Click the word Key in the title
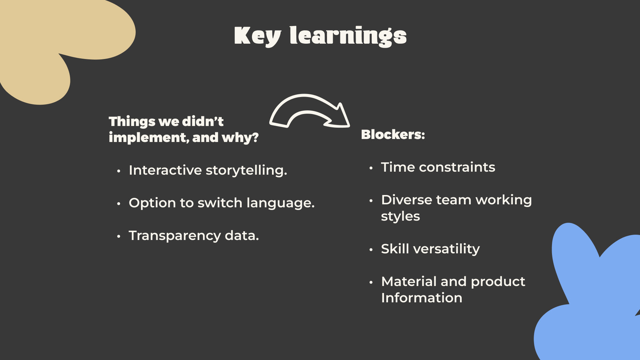pyautogui.click(x=258, y=36)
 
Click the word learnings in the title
pyautogui.click(x=348, y=36)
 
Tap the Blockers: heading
pyautogui.click(x=393, y=134)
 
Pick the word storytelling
pyautogui.click(x=246, y=170)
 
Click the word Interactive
pyautogui.click(x=165, y=170)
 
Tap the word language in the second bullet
pyautogui.click(x=281, y=203)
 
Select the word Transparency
pyautogui.click(x=175, y=236)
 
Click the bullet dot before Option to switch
pyautogui.click(x=119, y=203)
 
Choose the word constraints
pyautogui.click(x=457, y=167)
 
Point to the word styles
pyautogui.click(x=400, y=216)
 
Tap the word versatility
pyautogui.click(x=447, y=249)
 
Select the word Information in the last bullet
pyautogui.click(x=422, y=298)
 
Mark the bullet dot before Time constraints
pyautogui.click(x=371, y=168)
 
